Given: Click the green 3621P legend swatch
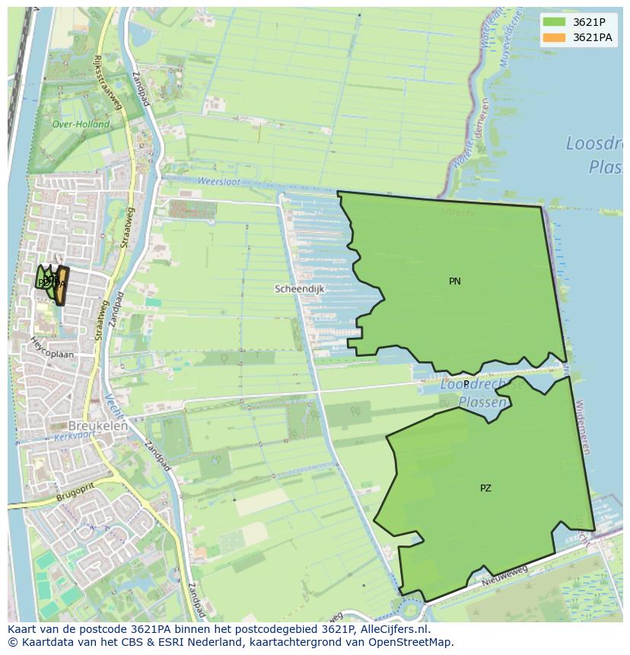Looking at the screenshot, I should coord(554,22).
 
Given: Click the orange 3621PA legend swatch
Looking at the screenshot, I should coord(554,37).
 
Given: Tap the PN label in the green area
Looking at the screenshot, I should coord(455,281).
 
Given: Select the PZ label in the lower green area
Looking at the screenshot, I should coord(485,488).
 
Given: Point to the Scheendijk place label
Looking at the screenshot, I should coord(300,289).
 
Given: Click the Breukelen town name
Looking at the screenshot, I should coord(98,426).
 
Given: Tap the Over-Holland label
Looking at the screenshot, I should coord(81,124).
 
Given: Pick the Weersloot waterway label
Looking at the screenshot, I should coord(218,182).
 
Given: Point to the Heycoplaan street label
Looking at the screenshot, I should coord(52,348).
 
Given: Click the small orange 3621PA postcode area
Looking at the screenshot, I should coord(62,286).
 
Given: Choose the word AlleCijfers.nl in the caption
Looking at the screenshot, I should coord(395,629).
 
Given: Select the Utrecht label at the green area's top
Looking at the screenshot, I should coord(458,213).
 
